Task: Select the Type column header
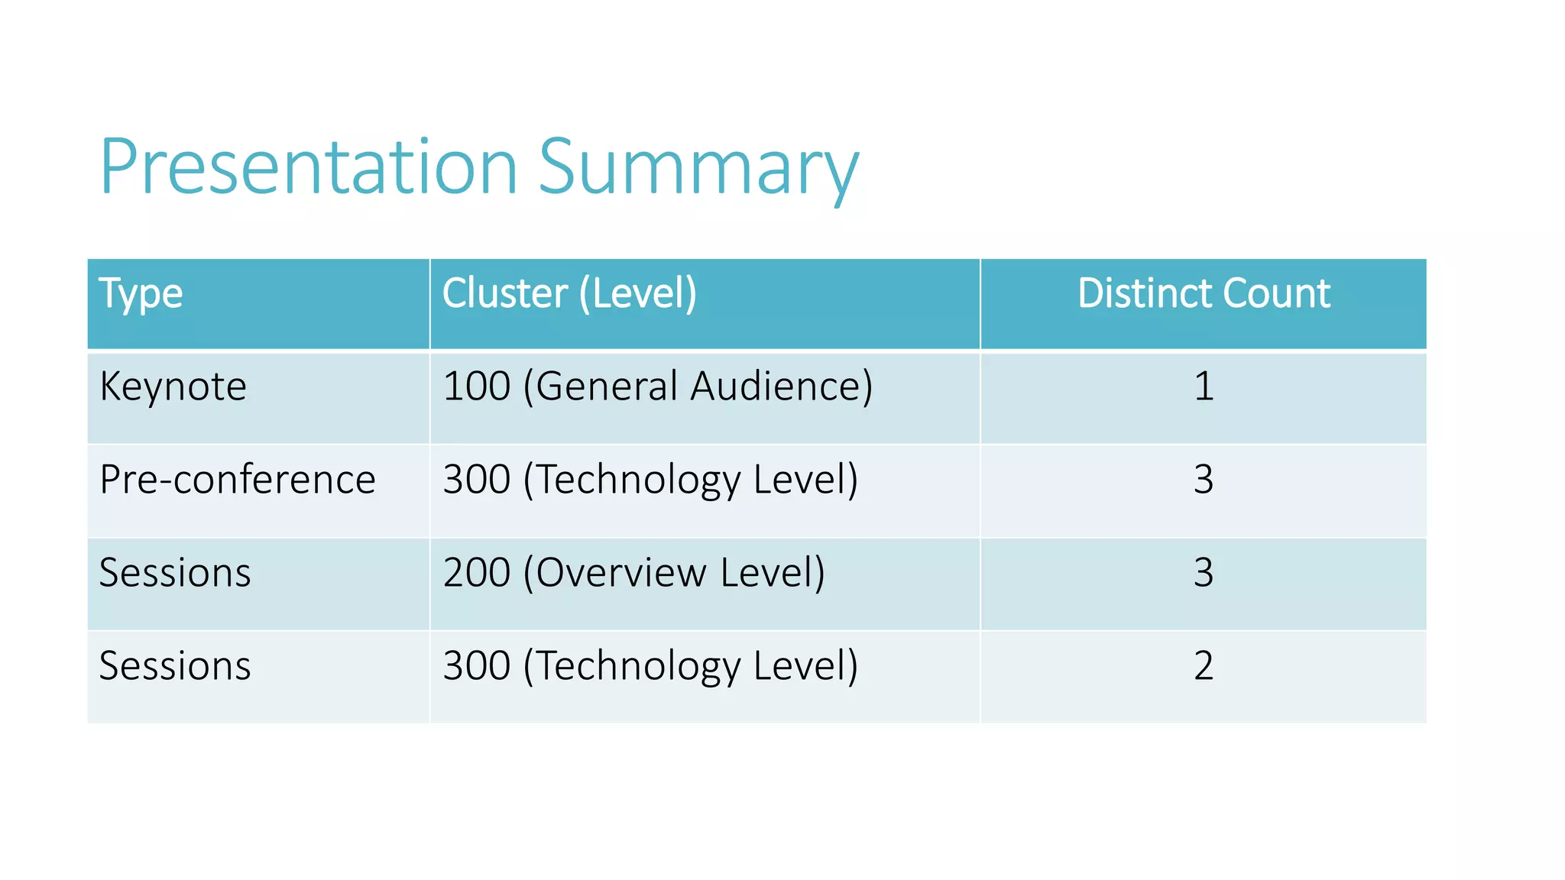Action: (141, 294)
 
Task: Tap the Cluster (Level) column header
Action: (569, 294)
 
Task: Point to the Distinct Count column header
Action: (1204, 294)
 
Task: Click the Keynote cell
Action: (173, 387)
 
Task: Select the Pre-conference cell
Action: (238, 480)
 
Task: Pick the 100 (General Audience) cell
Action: (657, 387)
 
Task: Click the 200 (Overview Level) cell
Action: (634, 573)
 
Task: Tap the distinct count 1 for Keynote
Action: (1204, 387)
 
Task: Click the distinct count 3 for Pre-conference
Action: (1204, 480)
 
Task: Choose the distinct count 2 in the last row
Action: (1204, 666)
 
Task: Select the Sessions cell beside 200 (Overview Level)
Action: (175, 573)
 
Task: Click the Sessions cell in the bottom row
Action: (175, 666)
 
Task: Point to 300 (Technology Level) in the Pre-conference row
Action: (650, 480)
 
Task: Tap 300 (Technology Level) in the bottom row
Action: (650, 666)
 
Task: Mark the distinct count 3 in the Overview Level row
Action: (1204, 573)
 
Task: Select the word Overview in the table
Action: (620, 573)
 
